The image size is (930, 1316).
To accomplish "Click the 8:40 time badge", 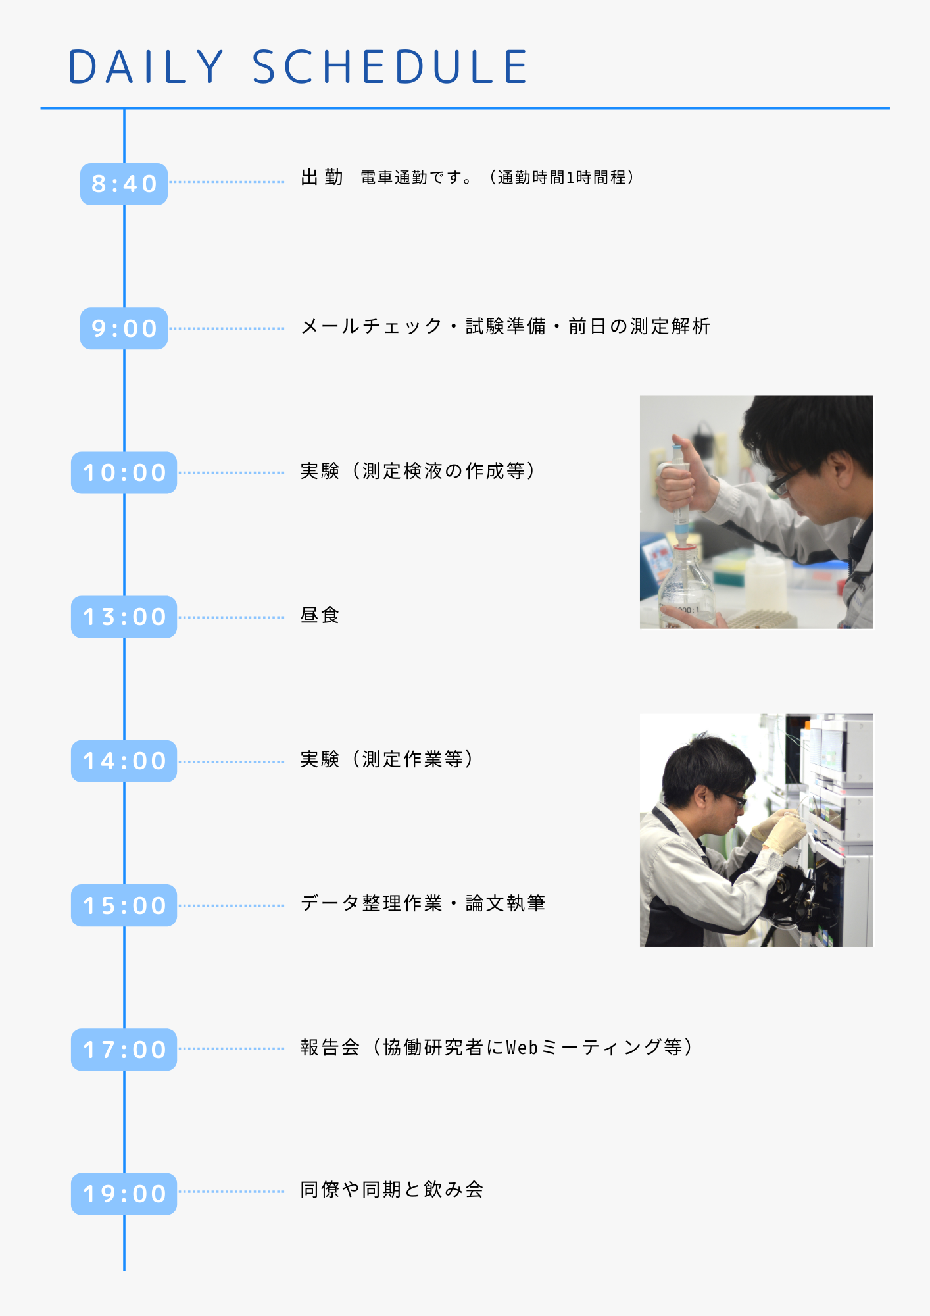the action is coord(124,184).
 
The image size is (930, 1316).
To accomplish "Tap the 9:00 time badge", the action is coord(124,328).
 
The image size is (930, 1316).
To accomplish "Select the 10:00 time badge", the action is coord(124,472).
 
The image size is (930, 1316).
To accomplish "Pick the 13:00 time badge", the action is coord(124,617).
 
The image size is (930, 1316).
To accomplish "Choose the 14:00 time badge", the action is coord(124,761).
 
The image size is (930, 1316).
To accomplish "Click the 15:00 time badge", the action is coord(124,905).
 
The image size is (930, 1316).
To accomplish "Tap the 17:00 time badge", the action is coord(124,1050).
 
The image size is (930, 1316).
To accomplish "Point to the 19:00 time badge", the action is coord(124,1194).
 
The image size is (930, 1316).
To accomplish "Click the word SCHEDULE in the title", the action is coord(390,66).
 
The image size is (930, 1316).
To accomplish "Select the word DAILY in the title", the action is coord(146,66).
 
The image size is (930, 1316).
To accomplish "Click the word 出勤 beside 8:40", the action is coord(322,177).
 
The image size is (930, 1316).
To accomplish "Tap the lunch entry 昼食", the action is coord(320,615).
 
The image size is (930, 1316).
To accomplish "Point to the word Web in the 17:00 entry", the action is coord(522,1047).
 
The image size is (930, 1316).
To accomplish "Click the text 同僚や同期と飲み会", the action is coord(392,1190).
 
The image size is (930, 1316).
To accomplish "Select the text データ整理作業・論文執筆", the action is coord(423,903).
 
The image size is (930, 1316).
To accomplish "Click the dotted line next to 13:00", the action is coord(232,617).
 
